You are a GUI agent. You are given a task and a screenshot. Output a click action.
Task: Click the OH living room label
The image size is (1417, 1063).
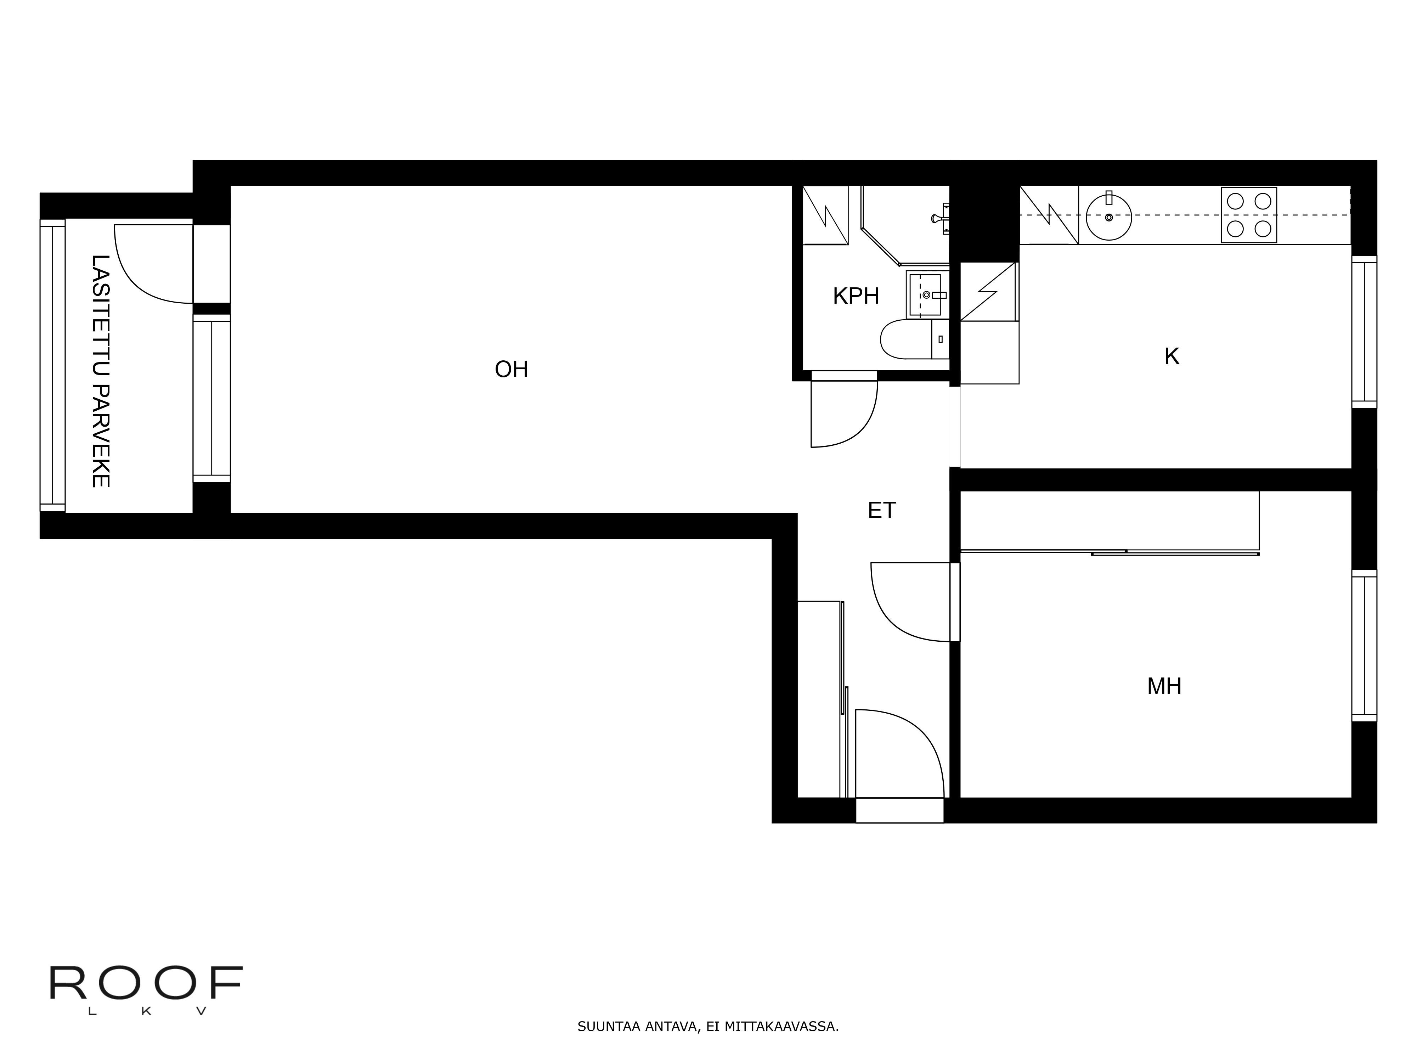(x=511, y=370)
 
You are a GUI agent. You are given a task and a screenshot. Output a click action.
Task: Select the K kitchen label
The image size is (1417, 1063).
(x=1171, y=356)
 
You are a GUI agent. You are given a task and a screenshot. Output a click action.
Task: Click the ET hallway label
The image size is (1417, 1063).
(x=881, y=511)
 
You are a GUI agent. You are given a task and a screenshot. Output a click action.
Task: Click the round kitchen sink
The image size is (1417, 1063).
(x=1109, y=216)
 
